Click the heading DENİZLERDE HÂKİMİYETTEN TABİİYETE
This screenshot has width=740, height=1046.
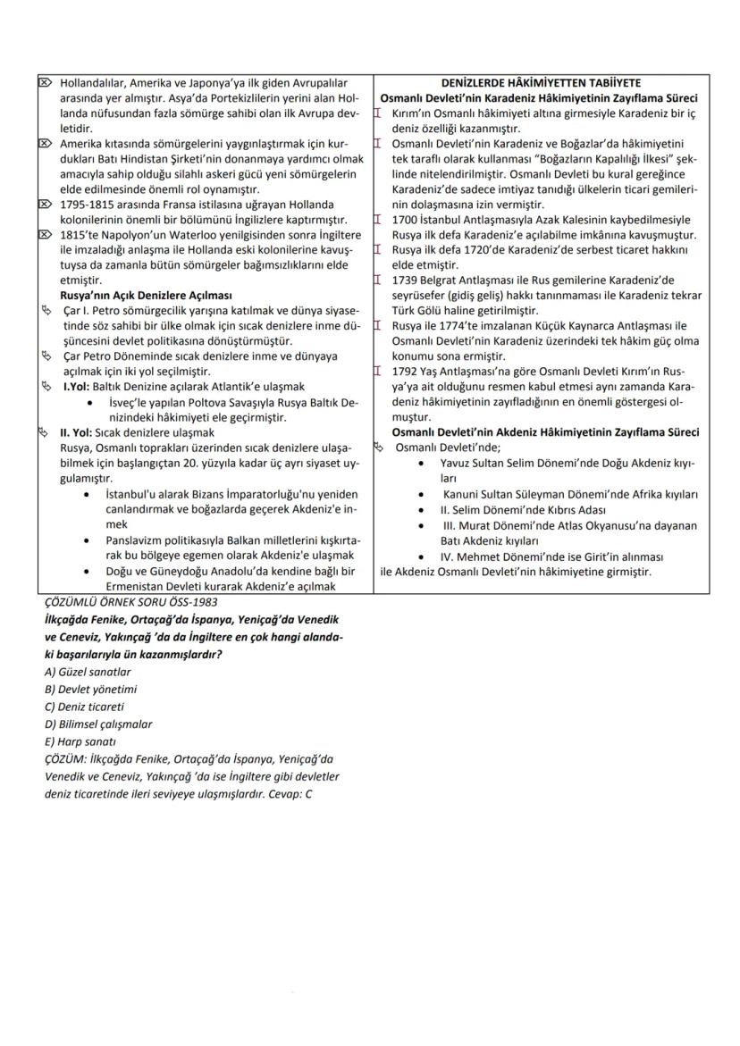coord(541,82)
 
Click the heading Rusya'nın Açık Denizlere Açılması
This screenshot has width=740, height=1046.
coord(146,295)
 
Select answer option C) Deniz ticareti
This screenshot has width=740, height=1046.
coord(84,706)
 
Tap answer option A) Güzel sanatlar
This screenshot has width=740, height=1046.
coord(88,672)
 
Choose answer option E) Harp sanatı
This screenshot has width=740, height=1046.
coord(80,741)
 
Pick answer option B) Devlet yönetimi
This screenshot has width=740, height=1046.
coord(90,689)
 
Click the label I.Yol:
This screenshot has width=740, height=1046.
coord(77,387)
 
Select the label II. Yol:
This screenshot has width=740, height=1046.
coord(78,431)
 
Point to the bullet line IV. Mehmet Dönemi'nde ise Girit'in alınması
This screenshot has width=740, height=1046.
coord(551,556)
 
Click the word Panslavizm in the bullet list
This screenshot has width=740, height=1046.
coord(134,540)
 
